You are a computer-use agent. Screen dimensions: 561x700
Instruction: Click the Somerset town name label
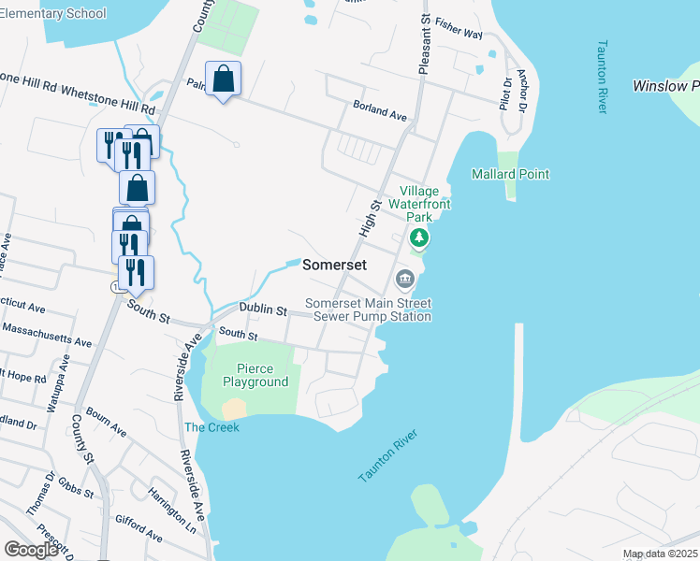click(334, 266)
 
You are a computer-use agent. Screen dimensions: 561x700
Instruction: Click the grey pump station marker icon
click(405, 278)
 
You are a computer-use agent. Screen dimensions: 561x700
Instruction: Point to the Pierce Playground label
click(255, 376)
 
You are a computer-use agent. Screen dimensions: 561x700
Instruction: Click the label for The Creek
click(211, 427)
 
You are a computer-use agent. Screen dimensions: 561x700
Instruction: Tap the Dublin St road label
click(262, 309)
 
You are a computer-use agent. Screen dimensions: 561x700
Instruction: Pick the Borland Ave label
click(380, 111)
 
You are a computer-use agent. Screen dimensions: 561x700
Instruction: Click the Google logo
click(32, 550)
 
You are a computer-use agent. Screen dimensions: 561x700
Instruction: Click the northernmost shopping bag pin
click(224, 80)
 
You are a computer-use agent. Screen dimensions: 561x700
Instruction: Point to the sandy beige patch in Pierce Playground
click(234, 409)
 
